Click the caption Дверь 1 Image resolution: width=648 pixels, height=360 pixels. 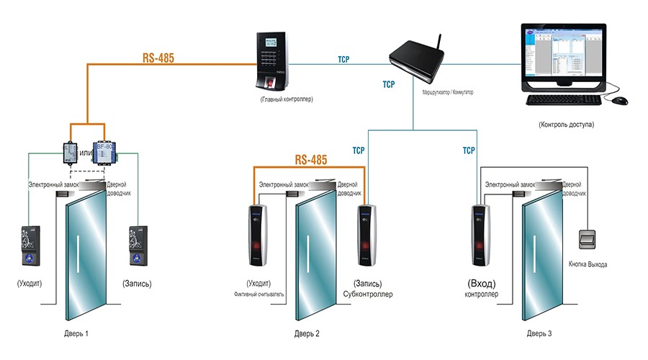[x=76, y=334]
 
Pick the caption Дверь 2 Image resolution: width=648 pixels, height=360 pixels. [x=307, y=334]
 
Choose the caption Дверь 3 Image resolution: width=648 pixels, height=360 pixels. [x=540, y=334]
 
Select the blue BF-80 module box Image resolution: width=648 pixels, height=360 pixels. [x=104, y=152]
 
